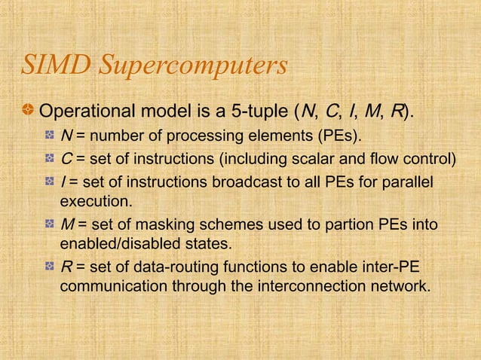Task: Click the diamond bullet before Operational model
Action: [x=29, y=114]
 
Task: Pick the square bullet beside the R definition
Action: [x=50, y=267]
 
